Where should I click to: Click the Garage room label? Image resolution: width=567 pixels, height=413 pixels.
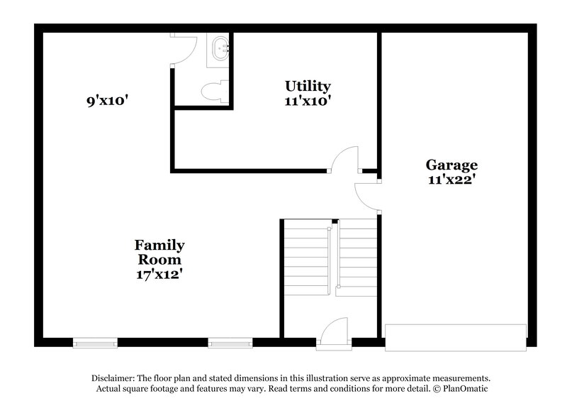coord(451,165)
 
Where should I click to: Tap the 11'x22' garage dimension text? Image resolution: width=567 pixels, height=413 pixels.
coord(451,180)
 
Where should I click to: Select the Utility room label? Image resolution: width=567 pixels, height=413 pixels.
coord(308,86)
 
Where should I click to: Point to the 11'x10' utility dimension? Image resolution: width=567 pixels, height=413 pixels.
coord(308,101)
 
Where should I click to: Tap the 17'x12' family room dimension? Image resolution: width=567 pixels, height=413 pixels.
coord(159,273)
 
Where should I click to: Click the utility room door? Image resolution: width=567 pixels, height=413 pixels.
coord(345,160)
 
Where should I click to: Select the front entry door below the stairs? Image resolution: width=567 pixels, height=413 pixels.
coord(332,334)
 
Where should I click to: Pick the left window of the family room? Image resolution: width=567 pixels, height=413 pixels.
coord(95,343)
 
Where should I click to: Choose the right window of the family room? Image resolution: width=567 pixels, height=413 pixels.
coord(230,343)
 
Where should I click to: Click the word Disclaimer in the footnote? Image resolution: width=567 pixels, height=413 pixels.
coord(114,378)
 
